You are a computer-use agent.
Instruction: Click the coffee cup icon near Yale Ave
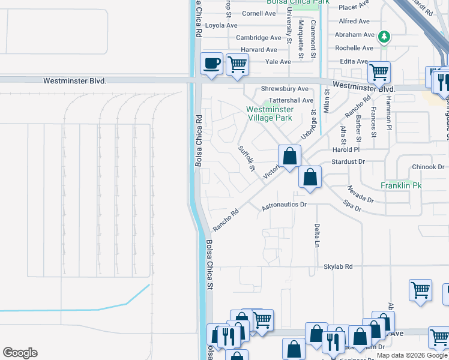point(211,64)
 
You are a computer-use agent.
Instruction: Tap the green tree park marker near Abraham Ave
point(384,38)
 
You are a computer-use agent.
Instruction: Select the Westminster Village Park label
point(270,113)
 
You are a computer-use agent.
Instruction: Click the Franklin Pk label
point(402,186)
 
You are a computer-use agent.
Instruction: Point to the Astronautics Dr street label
point(285,205)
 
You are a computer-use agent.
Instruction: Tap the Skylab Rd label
point(338,266)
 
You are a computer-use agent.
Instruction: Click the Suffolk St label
point(247,158)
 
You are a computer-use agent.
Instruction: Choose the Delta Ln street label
point(316,235)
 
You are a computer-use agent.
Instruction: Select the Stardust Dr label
point(348,162)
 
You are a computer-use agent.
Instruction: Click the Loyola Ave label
point(221,25)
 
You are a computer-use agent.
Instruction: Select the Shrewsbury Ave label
point(285,89)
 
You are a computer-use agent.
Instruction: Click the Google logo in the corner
point(20,353)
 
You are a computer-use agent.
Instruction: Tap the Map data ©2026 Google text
point(411,355)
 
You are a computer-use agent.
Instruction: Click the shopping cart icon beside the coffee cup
point(238,64)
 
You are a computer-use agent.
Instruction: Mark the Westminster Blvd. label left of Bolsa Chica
point(74,80)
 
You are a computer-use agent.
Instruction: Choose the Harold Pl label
point(346,149)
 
